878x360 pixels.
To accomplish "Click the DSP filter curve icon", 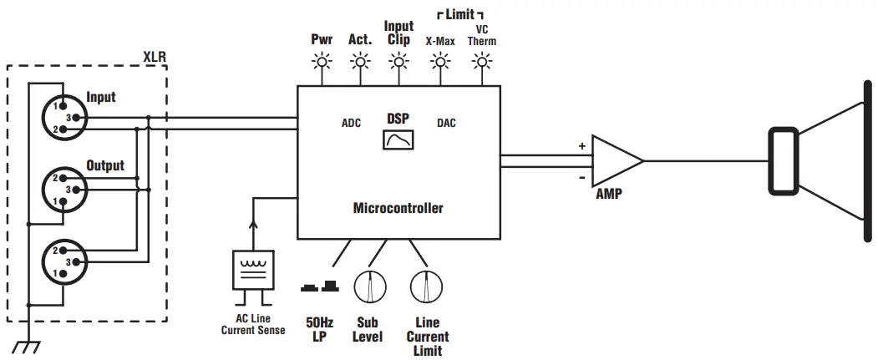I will click(398, 139).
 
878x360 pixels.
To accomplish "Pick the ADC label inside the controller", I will click(351, 123).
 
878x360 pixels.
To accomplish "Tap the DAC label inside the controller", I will click(447, 123).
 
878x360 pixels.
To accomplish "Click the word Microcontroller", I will click(398, 208).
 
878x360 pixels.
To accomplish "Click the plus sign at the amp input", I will click(582, 145).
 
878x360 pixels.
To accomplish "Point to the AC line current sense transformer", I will click(251, 270).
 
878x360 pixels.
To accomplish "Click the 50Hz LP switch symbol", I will click(320, 287).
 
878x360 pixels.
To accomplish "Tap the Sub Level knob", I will click(368, 287).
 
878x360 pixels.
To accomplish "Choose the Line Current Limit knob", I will click(425, 287).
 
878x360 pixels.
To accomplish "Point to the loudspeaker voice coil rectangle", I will click(784, 160).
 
